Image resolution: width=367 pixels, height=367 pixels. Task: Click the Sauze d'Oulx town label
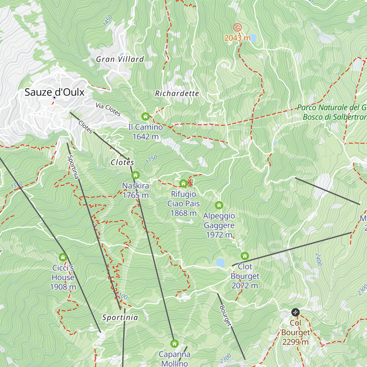coord(54,92)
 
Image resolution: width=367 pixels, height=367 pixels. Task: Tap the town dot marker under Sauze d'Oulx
coord(54,98)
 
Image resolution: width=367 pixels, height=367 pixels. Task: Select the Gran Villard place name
coord(120,59)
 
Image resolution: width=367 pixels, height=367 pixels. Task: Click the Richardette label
coord(177,94)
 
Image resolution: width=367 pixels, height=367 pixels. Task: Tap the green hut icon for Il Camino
coord(145,117)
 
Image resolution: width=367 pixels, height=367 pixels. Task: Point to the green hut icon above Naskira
coord(135,175)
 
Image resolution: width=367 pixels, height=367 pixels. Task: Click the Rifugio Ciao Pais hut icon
coord(183,183)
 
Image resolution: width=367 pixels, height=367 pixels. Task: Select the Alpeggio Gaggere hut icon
coord(219,205)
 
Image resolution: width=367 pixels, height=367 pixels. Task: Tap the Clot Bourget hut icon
coord(245,256)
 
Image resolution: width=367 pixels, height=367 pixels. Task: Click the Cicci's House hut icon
coord(63,257)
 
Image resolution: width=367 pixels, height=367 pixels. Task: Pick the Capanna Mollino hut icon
coord(174,344)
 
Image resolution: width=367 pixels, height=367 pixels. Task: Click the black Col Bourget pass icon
coord(295,312)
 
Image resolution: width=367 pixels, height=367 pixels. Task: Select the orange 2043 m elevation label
coord(237,38)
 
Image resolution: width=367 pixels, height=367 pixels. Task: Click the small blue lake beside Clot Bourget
coord(220,262)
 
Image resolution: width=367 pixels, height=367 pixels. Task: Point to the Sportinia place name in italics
coord(120,317)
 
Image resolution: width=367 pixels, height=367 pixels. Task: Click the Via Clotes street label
coord(108,109)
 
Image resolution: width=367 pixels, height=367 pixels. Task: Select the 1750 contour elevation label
coord(151,159)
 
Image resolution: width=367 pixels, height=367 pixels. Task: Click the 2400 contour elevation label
coord(319,259)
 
